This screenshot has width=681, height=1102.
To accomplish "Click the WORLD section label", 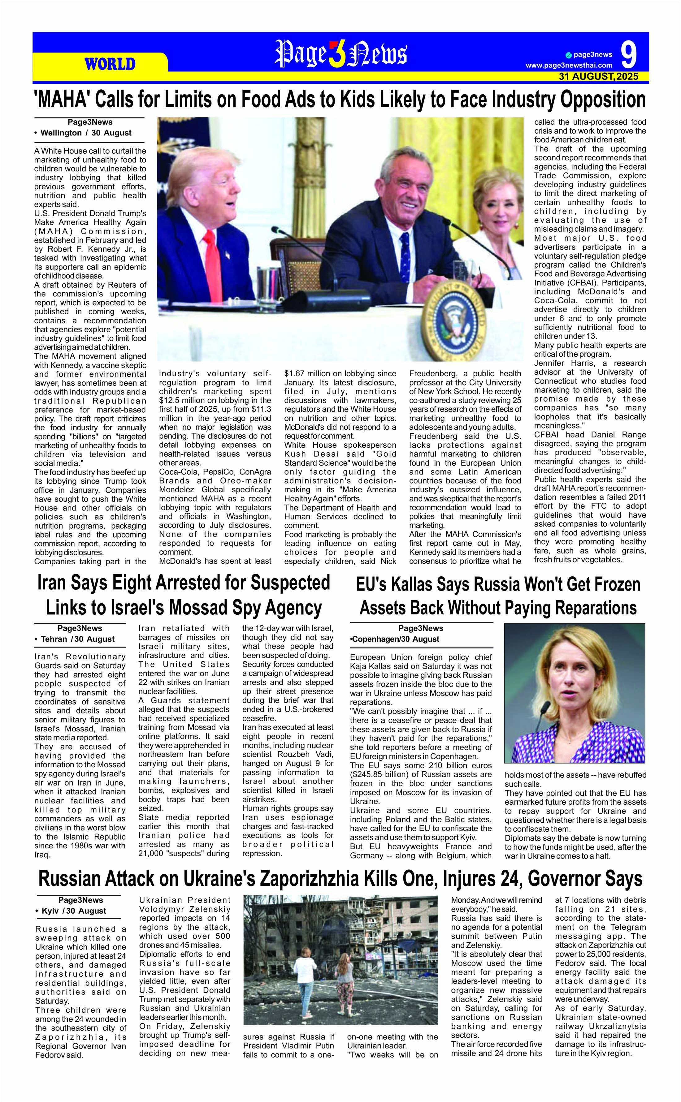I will tap(110, 64).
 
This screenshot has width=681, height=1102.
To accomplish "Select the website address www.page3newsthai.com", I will tap(569, 66).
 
